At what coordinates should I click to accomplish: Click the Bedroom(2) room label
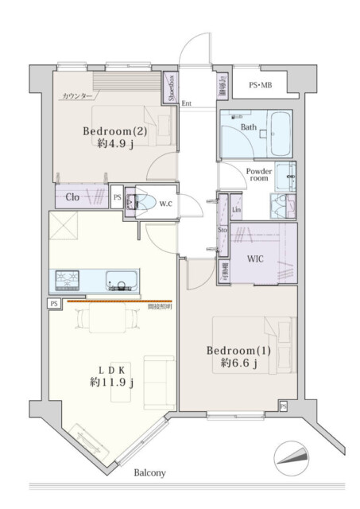click(114, 130)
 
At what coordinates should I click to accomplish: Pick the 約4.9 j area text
click(114, 144)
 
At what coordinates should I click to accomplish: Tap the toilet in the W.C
click(143, 203)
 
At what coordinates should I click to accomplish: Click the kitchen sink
click(122, 281)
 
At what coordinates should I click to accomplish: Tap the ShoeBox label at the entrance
click(170, 87)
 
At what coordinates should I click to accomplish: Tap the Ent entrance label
click(187, 103)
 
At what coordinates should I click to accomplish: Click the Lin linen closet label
click(236, 209)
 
